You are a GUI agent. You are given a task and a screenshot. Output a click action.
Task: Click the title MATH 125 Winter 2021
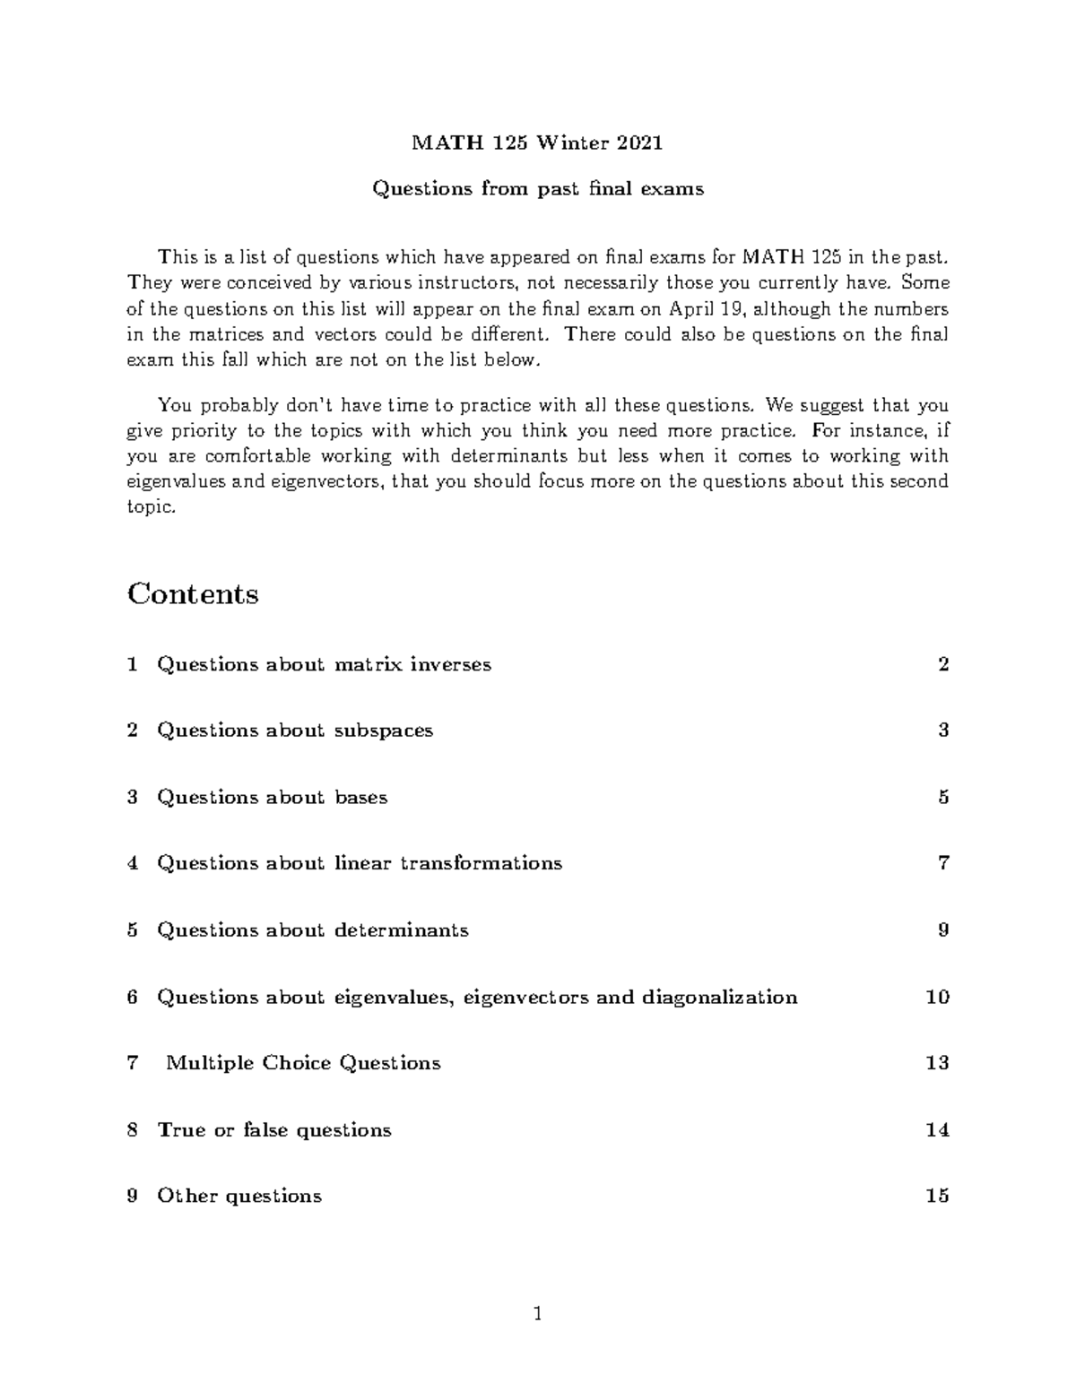point(537,143)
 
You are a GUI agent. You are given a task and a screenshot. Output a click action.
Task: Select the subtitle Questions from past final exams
point(537,189)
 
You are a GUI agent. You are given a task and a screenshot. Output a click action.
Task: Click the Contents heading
point(193,594)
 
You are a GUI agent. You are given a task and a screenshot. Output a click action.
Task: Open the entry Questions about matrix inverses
point(324,664)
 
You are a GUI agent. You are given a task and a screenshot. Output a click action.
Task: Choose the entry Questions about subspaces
point(295,731)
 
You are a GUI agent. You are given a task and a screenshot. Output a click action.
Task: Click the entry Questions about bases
point(272,797)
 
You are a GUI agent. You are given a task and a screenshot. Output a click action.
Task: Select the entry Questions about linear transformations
point(360,863)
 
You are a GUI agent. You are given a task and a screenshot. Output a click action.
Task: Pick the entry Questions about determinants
point(313,930)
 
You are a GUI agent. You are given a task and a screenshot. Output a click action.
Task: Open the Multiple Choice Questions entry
point(303,1063)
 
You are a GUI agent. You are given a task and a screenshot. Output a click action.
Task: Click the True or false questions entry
point(274,1130)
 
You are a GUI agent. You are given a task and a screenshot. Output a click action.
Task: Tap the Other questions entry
point(239,1197)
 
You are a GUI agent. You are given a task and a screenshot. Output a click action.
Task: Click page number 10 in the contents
point(937,997)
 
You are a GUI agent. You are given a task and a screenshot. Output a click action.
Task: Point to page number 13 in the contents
point(937,1063)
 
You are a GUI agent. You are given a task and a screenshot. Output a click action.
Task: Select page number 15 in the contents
point(937,1197)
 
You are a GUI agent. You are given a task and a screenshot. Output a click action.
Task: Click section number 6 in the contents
point(133,997)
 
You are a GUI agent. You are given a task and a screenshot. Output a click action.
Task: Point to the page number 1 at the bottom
point(537,1316)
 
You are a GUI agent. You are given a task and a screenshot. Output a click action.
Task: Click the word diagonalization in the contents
point(719,997)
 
